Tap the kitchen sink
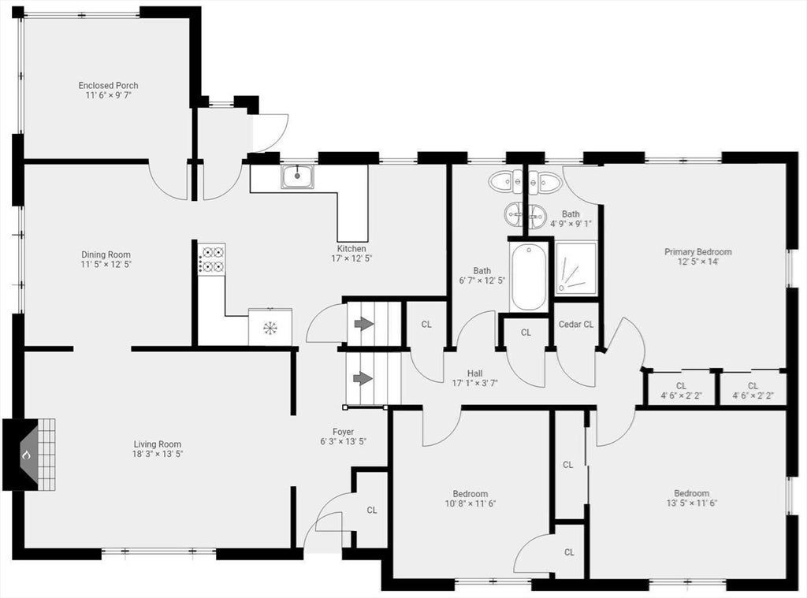click(297, 176)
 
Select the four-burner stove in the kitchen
click(212, 259)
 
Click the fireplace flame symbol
click(27, 455)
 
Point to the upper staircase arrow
click(364, 323)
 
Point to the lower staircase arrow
click(364, 378)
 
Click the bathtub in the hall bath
click(529, 277)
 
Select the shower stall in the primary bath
click(576, 268)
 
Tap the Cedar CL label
click(576, 325)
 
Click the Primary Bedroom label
click(698, 251)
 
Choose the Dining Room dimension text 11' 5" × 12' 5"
click(106, 265)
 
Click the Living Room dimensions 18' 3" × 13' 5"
click(158, 454)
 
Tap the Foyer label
click(343, 432)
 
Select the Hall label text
click(474, 373)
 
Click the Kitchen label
click(351, 249)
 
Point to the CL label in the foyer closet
click(372, 510)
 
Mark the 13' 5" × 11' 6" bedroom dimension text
click(692, 503)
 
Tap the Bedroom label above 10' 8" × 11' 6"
click(470, 493)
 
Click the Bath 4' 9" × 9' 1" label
click(571, 219)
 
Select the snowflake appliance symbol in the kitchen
click(270, 327)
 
